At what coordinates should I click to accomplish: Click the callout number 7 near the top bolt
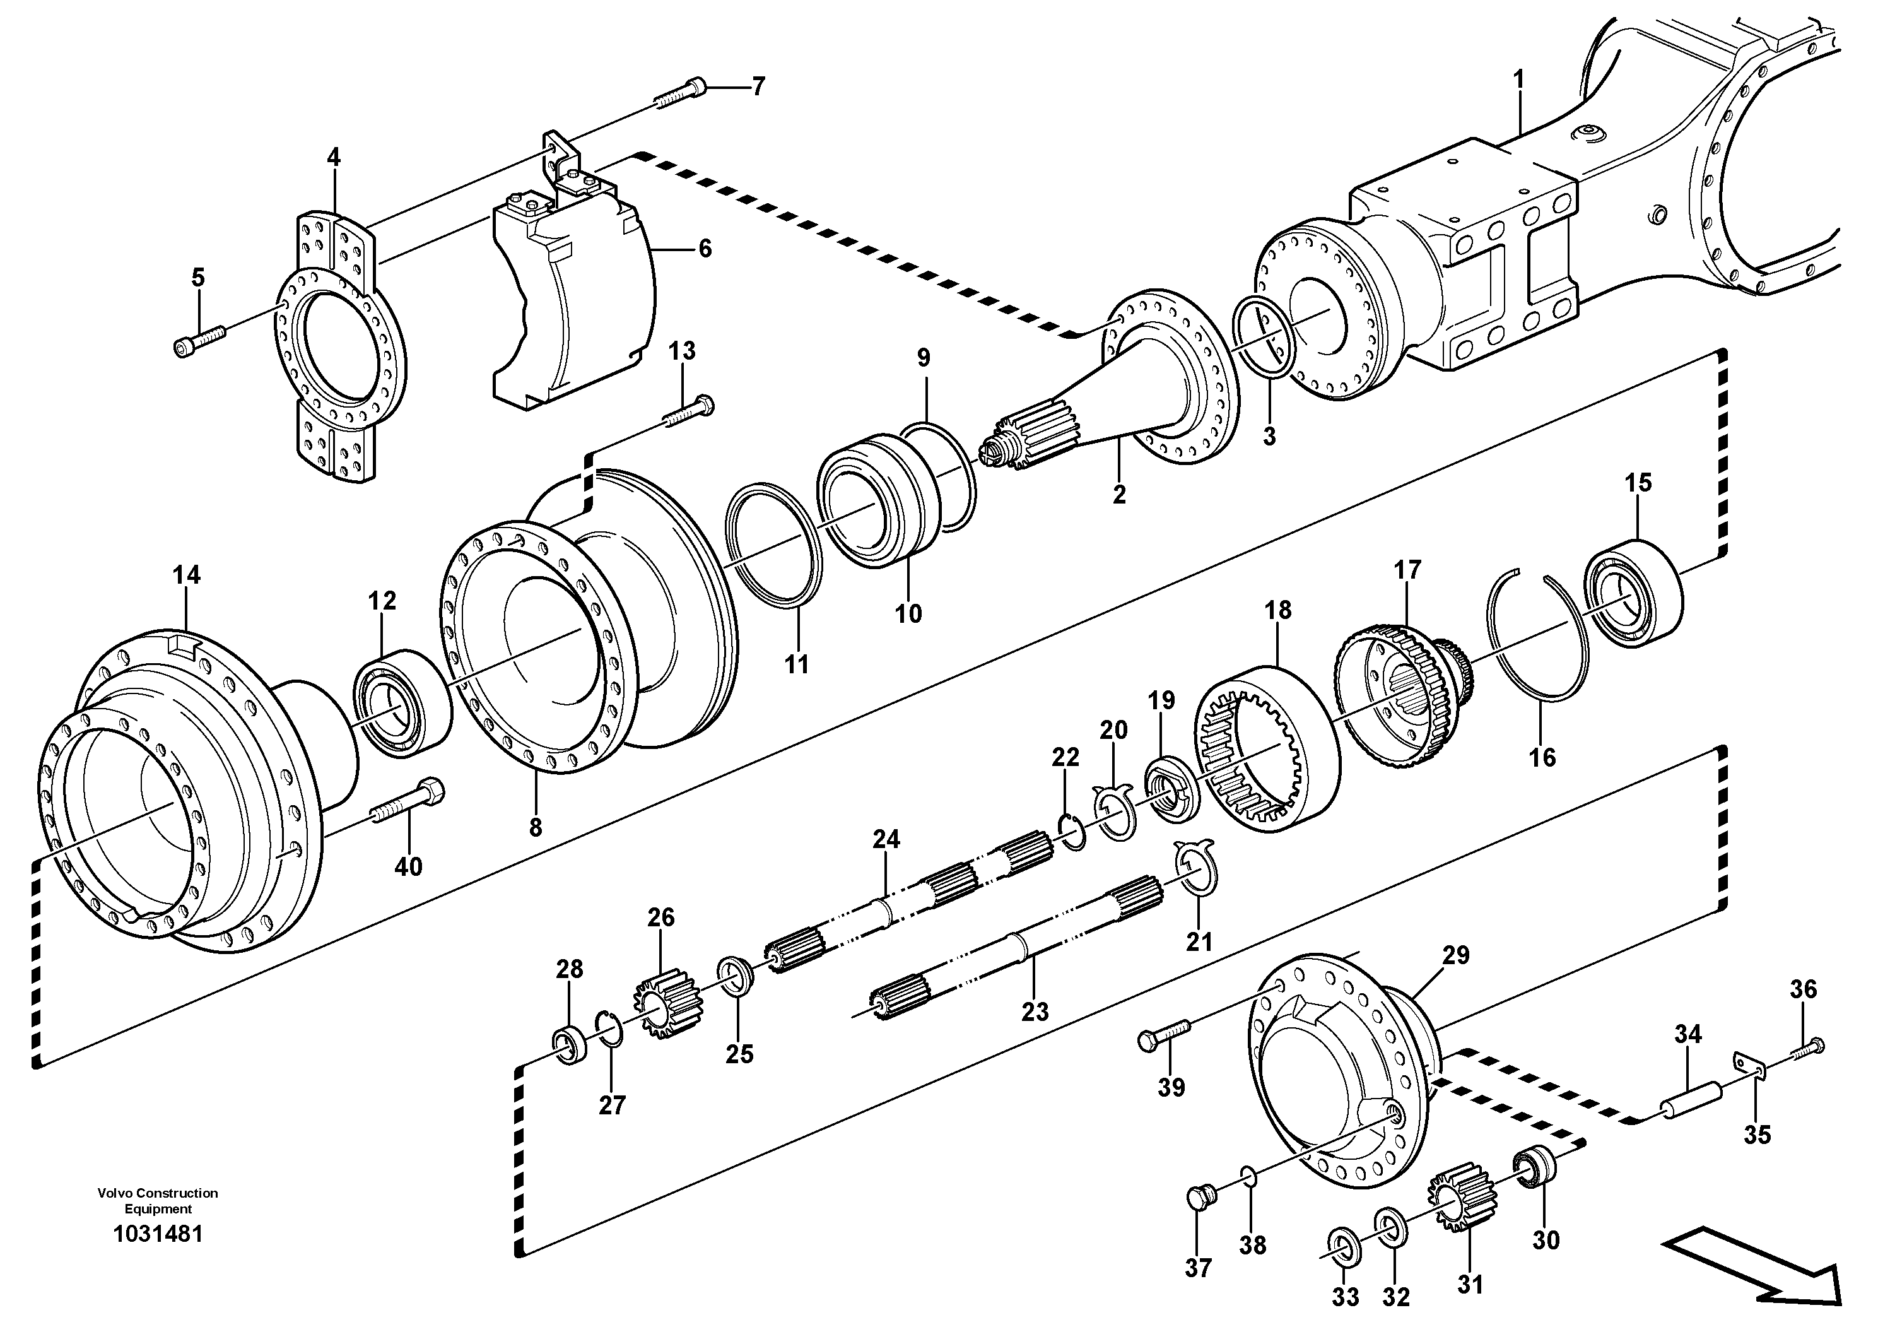[758, 86]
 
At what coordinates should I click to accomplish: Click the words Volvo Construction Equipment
[158, 1201]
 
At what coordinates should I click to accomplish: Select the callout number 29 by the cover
[1455, 955]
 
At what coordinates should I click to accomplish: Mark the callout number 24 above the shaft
[886, 839]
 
